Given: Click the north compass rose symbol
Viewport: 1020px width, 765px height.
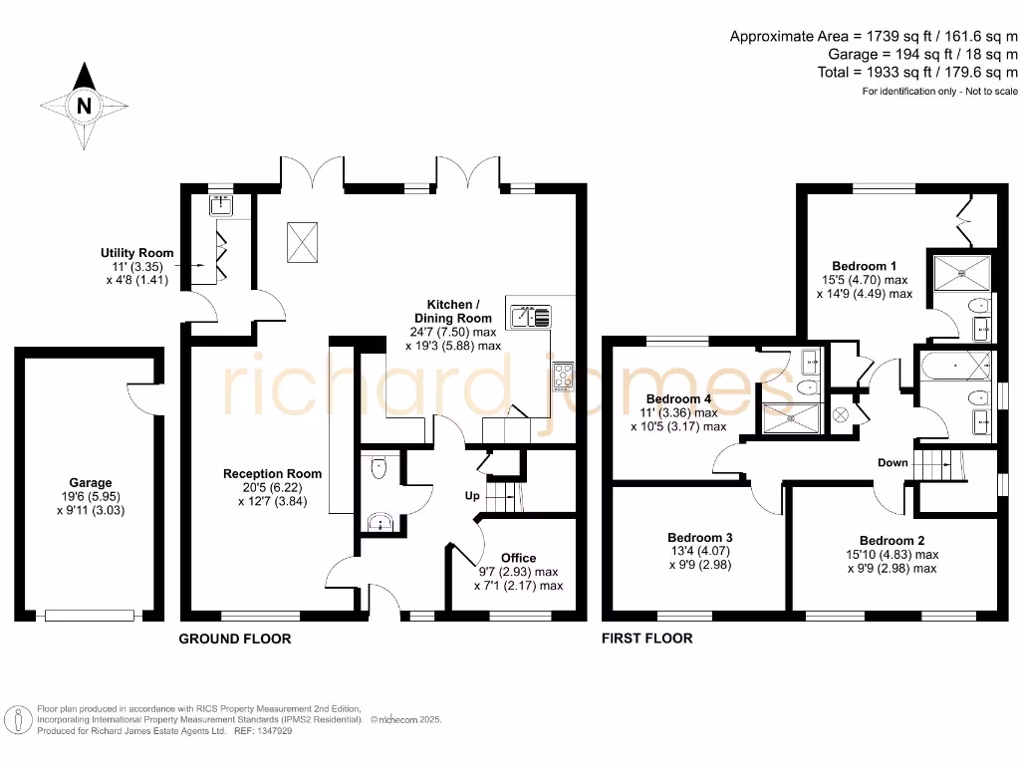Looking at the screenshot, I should [85, 104].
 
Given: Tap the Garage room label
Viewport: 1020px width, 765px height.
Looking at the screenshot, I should [91, 482].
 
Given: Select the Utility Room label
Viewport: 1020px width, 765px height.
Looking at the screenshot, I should [136, 253].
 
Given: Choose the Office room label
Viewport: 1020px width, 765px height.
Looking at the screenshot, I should [518, 558].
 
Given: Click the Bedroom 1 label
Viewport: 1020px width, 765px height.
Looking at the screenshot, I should [865, 266].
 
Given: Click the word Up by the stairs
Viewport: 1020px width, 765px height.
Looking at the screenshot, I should [473, 495].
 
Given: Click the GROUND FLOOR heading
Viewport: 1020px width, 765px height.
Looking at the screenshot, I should [234, 638].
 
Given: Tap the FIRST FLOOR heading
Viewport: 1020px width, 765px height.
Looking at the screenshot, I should [646, 638].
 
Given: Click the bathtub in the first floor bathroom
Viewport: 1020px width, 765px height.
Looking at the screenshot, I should [957, 367].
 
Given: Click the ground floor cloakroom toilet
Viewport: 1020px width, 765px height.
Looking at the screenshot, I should [378, 469].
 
